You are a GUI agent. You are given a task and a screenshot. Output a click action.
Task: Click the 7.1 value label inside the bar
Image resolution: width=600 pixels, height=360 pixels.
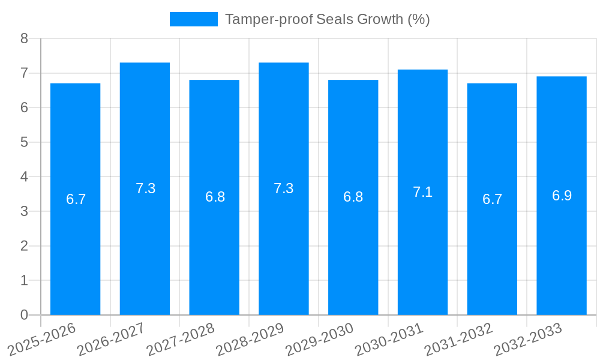point(422,192)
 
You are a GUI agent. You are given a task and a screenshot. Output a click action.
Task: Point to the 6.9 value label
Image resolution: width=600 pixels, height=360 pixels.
point(562,196)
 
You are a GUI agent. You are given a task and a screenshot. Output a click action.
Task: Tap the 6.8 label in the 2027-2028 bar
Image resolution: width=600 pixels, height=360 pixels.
point(215,197)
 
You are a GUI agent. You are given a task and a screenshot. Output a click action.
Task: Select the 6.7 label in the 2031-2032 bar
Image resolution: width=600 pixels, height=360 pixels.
point(492,199)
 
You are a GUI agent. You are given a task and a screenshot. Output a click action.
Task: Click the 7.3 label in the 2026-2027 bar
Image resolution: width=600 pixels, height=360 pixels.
point(145,188)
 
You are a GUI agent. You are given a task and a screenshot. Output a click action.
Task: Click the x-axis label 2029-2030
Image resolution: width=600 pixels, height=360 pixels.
point(320,339)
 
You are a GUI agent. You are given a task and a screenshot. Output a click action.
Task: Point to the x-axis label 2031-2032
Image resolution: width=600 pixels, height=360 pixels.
point(459,339)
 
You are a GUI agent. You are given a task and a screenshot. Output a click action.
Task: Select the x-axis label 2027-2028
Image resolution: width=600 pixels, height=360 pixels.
point(181,339)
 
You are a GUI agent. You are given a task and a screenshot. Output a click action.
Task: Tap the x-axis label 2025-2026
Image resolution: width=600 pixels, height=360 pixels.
point(42,339)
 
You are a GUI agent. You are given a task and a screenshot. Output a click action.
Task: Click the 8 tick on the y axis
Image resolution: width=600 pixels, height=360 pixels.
point(24,38)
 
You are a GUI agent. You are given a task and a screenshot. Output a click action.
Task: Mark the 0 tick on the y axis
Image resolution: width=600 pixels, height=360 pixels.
point(24,315)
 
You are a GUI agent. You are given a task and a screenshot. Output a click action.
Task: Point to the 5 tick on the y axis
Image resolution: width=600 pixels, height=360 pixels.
point(24,142)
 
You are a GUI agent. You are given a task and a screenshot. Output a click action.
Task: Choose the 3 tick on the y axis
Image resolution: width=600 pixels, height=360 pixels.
point(24,211)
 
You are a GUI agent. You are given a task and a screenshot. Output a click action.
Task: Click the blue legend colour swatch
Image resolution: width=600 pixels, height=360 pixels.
point(193,19)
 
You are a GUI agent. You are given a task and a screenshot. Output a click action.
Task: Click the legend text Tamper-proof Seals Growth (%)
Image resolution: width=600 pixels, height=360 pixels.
point(327,19)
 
